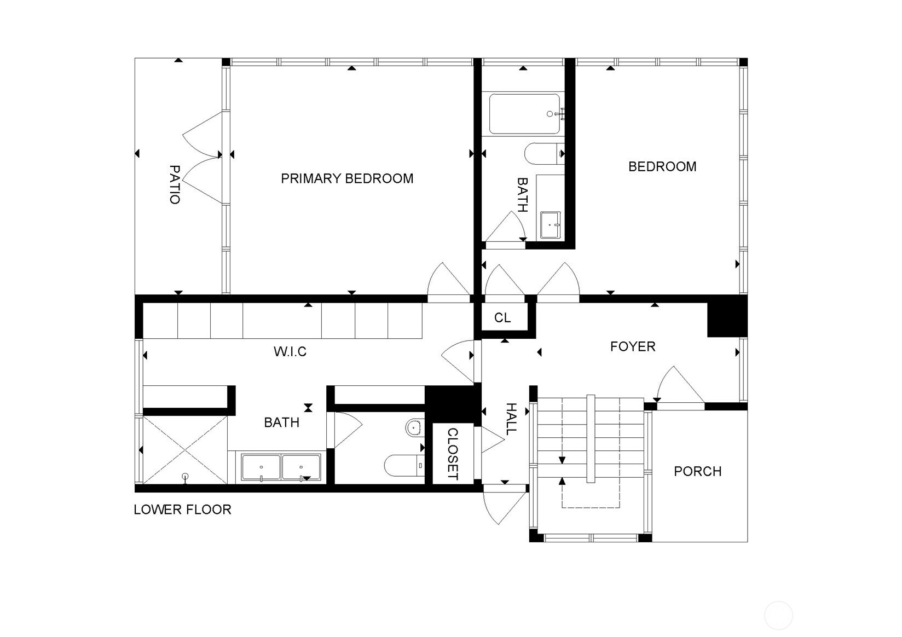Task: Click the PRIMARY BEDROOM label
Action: (x=347, y=178)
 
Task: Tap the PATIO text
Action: (x=175, y=184)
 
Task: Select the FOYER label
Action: (x=633, y=347)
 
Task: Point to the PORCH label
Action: (x=697, y=472)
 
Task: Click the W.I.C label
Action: (x=290, y=351)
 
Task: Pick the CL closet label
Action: (x=502, y=318)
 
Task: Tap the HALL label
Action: (x=511, y=419)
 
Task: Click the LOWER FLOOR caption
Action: (x=182, y=509)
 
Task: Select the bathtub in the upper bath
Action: (x=524, y=114)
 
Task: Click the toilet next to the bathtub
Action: (x=543, y=153)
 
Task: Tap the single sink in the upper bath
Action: (x=550, y=225)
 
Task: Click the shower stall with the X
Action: (x=185, y=450)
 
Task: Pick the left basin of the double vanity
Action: (x=261, y=467)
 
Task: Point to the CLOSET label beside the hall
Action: (x=453, y=454)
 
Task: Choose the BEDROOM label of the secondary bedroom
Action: (x=662, y=167)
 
